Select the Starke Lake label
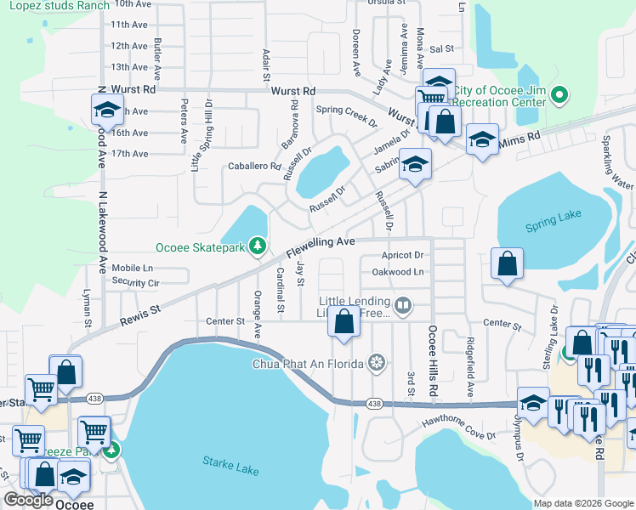tap(224, 462)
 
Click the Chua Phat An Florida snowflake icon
tap(372, 364)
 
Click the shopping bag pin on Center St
tap(344, 323)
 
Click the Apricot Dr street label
tap(402, 255)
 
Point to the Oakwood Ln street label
tap(398, 272)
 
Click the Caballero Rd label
tap(253, 167)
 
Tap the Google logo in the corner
tap(28, 499)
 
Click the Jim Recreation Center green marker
tap(559, 96)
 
